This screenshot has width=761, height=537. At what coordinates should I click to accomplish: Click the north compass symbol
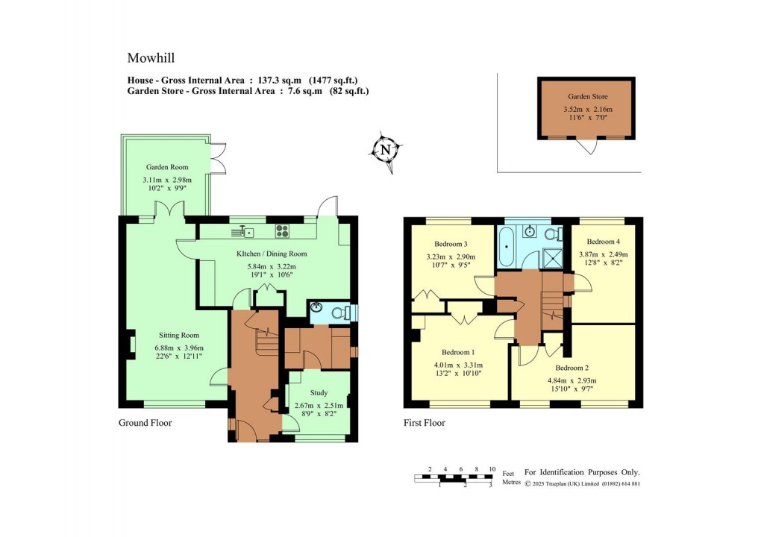point(385,150)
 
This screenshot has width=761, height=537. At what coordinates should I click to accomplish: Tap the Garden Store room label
point(586,96)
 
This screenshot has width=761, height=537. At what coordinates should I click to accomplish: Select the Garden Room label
point(167,167)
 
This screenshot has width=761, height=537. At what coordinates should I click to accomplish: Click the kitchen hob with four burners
point(283,231)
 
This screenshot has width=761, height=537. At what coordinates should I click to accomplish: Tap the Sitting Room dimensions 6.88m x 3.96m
point(179,348)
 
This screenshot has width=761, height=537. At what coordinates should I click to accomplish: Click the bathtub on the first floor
point(507,246)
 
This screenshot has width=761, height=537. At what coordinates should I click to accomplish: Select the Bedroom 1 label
point(458,353)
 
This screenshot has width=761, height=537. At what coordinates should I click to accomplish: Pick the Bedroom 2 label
point(571,368)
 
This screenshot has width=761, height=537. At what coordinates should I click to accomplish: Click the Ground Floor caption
point(145,423)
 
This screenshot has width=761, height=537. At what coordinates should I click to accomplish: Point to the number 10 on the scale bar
point(492,469)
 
